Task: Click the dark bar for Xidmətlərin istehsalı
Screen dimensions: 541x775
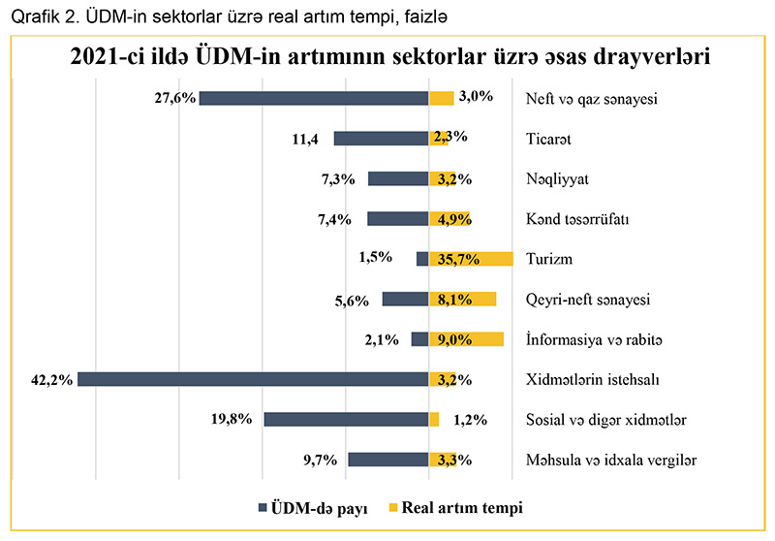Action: pyautogui.click(x=254, y=379)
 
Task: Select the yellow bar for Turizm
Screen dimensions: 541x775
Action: pyautogui.click(x=472, y=259)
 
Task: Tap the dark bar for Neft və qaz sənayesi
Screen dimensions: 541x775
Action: pyautogui.click(x=314, y=98)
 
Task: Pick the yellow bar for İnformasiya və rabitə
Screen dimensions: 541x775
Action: pyautogui.click(x=467, y=339)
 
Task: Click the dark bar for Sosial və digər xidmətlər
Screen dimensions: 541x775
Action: pyautogui.click(x=346, y=420)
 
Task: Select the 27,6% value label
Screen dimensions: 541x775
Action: pyautogui.click(x=176, y=98)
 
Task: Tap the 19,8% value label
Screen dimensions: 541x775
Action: pyautogui.click(x=233, y=419)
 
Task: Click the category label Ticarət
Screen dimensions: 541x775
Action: pyautogui.click(x=548, y=139)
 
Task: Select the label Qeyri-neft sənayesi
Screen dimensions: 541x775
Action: pyautogui.click(x=587, y=300)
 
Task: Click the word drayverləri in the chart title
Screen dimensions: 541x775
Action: pyautogui.click(x=643, y=56)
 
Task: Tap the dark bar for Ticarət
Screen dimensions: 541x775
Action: pyautogui.click(x=382, y=139)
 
